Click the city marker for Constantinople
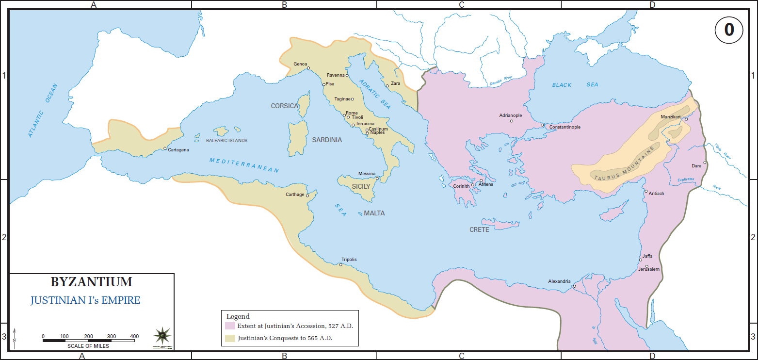pyautogui.click(x=543, y=125)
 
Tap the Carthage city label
pyautogui.click(x=295, y=195)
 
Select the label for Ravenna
pyautogui.click(x=336, y=75)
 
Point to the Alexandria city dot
pyautogui.click(x=574, y=286)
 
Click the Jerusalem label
pyautogui.click(x=648, y=269)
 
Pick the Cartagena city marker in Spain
pyautogui.click(x=165, y=148)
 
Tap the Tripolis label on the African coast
pyautogui.click(x=349, y=260)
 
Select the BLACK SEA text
pyautogui.click(x=575, y=85)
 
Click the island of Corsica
pyautogui.click(x=304, y=106)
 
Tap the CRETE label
pyautogui.click(x=479, y=229)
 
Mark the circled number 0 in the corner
pyautogui.click(x=729, y=30)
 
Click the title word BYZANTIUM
pyautogui.click(x=91, y=282)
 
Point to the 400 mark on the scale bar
pyautogui.click(x=134, y=336)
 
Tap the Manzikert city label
pyautogui.click(x=671, y=117)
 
